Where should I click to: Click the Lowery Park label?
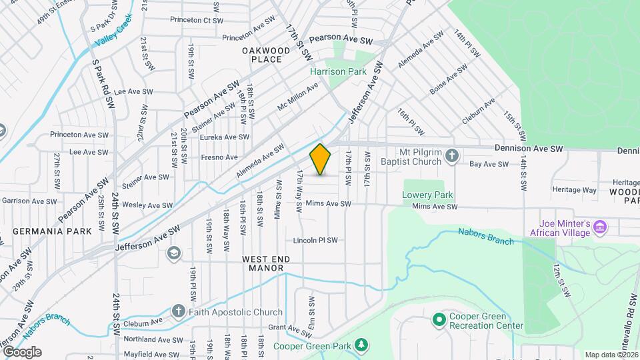click(x=427, y=195)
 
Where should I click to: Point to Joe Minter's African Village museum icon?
click(x=600, y=228)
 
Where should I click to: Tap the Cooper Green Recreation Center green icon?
click(x=439, y=321)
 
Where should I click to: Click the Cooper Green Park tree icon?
click(x=361, y=345)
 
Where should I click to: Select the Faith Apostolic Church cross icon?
click(x=178, y=311)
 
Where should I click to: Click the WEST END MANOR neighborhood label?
click(x=263, y=263)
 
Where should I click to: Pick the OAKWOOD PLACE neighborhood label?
click(x=266, y=55)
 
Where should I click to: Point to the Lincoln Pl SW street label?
click(x=316, y=240)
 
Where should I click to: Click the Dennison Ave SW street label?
click(x=529, y=149)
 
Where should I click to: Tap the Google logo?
click(x=22, y=352)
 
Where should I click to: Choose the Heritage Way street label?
click(x=575, y=190)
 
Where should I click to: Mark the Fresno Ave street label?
click(x=219, y=158)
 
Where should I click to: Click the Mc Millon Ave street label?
click(x=298, y=97)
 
